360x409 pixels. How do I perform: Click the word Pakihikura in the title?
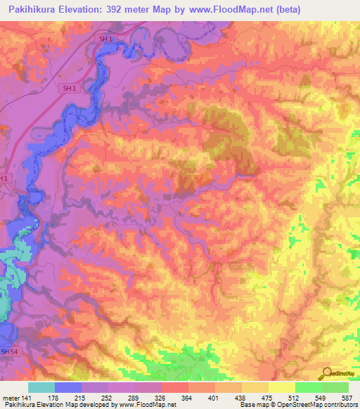pos(34,10)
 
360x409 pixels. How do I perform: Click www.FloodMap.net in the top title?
pos(238,10)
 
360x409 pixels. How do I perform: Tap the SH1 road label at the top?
pos(106,40)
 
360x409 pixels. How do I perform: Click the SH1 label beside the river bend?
pos(69,88)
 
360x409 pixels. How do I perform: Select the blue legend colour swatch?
pos(68,387)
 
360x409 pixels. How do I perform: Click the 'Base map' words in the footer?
pos(250,405)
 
